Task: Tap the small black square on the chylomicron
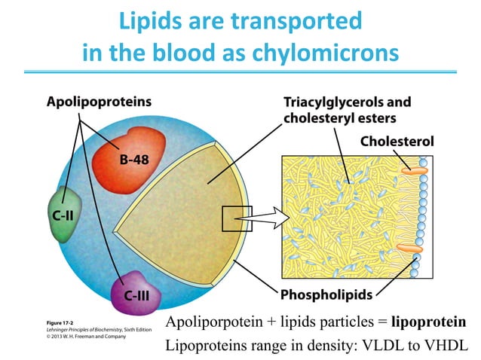tap(231, 219)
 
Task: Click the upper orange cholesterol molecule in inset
tap(414, 170)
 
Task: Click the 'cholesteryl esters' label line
tap(329, 117)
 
